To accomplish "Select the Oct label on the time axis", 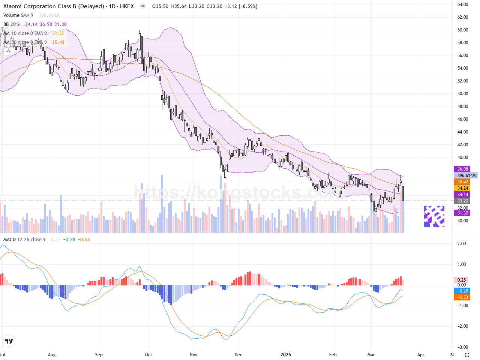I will coord(148,355).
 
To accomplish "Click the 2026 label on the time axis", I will coord(286,355).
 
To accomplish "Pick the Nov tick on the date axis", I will coord(193,355).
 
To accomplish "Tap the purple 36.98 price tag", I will coord(463,169).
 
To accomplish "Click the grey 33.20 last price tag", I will coord(463,201).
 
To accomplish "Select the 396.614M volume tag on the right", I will coord(466,175).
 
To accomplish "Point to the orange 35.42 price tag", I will coord(463,182).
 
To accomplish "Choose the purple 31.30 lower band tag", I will coord(463,213).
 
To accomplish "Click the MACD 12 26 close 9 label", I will coord(24,240).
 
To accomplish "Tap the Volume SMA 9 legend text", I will coord(18,15).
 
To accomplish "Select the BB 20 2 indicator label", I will coord(11,24).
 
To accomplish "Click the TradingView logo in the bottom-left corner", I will coord(9,341).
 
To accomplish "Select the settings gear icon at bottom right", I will coord(467,355).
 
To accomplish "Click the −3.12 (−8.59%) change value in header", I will coord(243,6).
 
